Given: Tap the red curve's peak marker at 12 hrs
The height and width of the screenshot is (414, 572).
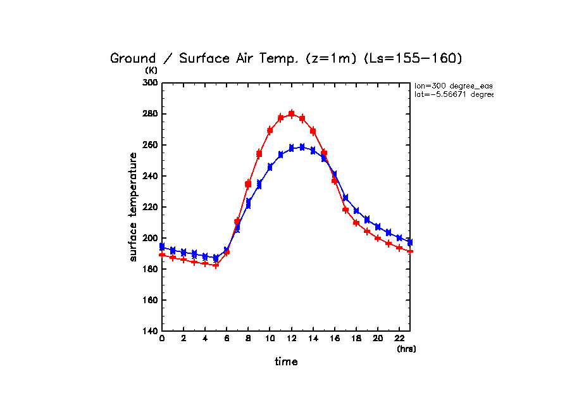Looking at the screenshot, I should coord(291,114).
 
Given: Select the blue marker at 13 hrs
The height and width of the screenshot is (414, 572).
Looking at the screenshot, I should coord(302,147).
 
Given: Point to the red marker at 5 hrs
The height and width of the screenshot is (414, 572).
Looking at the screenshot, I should coord(216,265).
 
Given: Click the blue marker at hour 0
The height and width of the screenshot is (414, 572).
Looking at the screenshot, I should coord(162,246).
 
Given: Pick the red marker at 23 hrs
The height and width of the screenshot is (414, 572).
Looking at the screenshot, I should coord(410,251).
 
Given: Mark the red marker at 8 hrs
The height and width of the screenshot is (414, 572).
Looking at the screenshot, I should coord(248,184).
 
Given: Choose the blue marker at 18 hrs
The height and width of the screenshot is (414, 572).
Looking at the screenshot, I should coord(356,211).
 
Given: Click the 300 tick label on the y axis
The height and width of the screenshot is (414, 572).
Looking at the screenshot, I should coord(149,83).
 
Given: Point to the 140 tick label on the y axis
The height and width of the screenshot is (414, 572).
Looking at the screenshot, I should coord(149,331).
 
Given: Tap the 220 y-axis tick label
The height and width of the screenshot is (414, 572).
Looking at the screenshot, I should coord(149,207).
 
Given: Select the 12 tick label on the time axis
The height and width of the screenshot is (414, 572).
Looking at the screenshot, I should coord(291,339).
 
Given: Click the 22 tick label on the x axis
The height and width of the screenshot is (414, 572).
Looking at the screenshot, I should coord(399,339).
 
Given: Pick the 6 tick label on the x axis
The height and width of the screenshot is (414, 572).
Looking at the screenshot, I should coord(227,339).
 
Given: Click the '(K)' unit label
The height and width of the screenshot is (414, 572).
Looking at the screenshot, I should coord(151,70).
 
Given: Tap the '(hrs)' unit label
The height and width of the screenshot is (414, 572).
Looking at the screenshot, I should coord(406,349).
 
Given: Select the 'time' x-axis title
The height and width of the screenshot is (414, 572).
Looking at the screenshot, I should coord(286,362).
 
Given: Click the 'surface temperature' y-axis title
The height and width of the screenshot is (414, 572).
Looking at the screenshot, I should coord(134,207).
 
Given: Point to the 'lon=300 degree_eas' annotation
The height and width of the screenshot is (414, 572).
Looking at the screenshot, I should coord(453,85).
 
